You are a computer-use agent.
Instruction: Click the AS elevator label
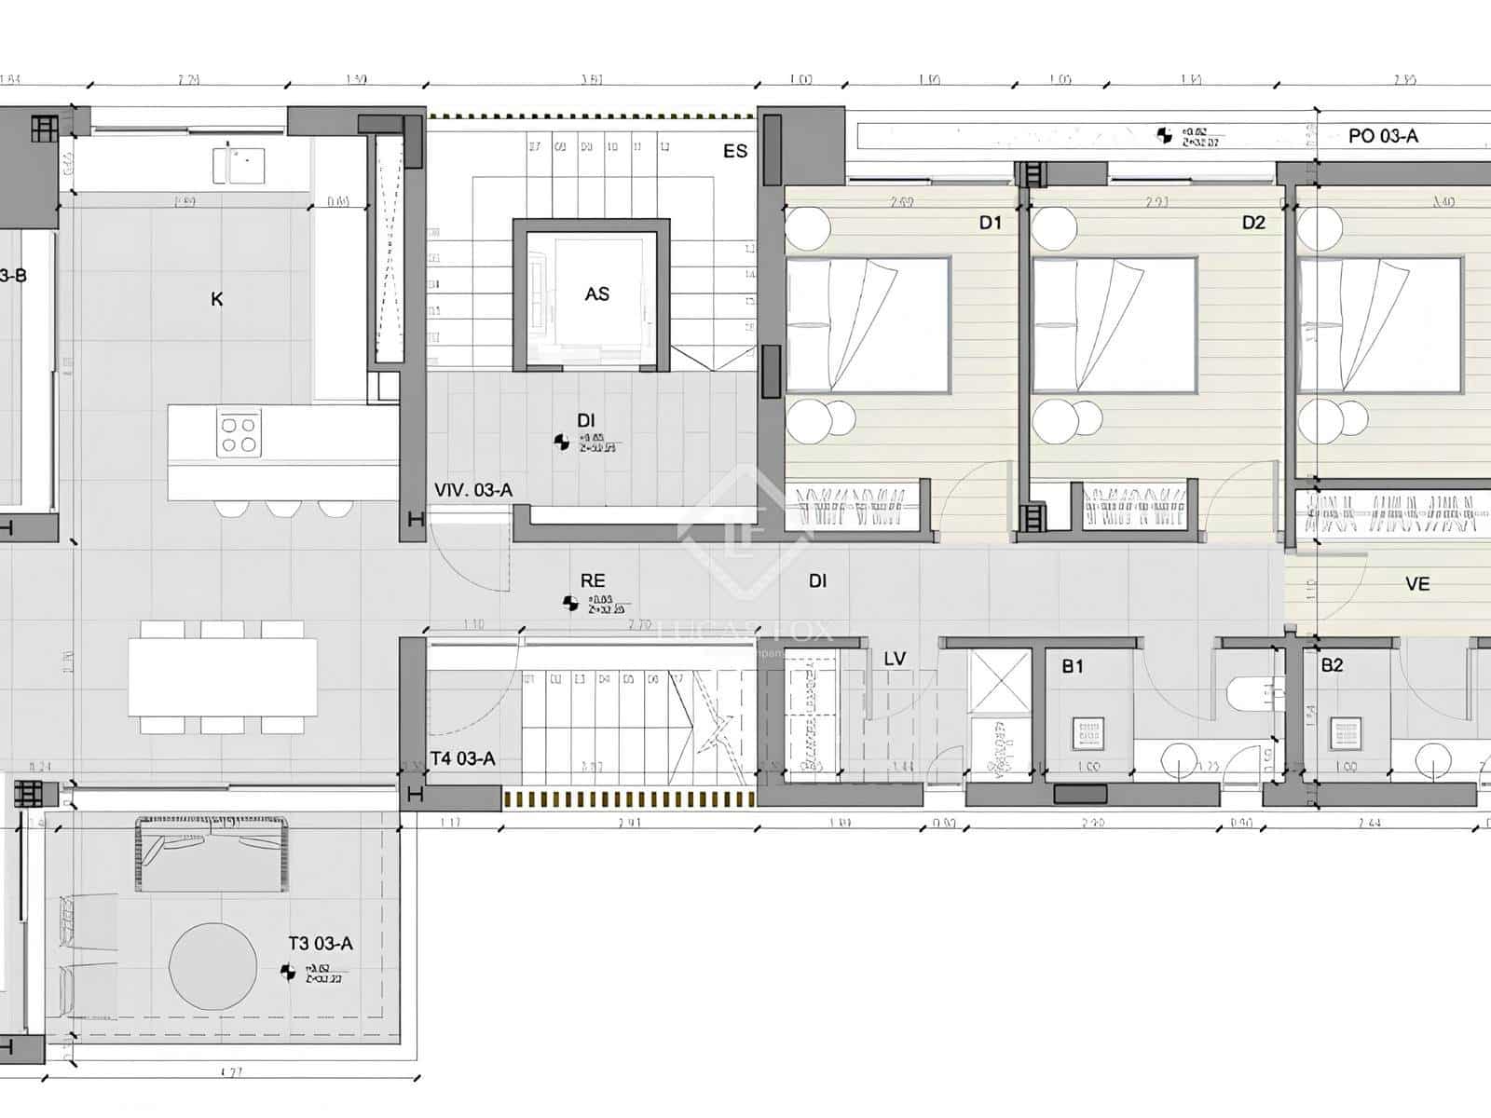(596, 294)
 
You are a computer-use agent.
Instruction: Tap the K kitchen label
(217, 299)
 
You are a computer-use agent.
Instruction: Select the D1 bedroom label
(990, 223)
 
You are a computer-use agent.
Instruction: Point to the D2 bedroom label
(1253, 223)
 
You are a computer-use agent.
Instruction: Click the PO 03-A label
(1383, 136)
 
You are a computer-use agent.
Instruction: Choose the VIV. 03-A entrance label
(473, 490)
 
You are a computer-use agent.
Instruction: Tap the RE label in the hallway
(593, 580)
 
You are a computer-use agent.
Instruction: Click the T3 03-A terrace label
(321, 944)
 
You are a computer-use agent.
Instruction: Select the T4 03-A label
(463, 758)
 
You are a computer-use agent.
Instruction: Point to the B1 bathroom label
(1073, 665)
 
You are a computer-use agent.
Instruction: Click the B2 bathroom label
(1332, 665)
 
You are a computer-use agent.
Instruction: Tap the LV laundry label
(895, 659)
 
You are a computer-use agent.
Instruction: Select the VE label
(1417, 584)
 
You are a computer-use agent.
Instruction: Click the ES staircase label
(735, 151)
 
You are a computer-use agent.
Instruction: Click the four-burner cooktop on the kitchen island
(238, 434)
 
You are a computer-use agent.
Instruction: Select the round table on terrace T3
(212, 966)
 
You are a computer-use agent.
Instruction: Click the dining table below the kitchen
(222, 677)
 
